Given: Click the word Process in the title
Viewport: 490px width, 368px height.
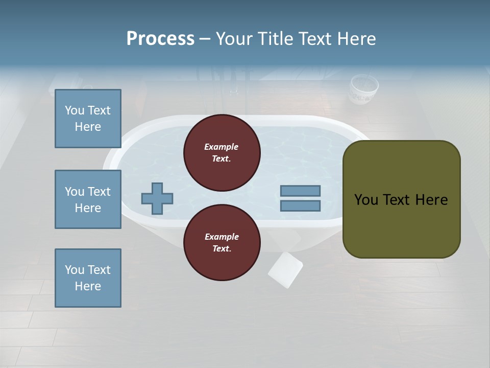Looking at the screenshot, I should click(160, 38).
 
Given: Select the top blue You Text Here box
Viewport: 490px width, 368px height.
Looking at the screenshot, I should click(88, 119).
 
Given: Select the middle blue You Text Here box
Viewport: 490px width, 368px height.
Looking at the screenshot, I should click(88, 199).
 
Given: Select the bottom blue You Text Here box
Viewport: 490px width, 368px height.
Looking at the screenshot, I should click(88, 278).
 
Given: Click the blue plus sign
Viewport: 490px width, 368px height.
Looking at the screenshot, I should click(157, 198).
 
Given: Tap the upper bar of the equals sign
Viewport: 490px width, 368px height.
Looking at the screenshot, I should click(300, 191).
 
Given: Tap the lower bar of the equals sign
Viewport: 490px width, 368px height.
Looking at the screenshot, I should click(300, 205).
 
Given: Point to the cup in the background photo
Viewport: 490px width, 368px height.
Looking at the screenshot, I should click(363, 89).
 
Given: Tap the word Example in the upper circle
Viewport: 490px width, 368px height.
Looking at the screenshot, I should click(222, 147).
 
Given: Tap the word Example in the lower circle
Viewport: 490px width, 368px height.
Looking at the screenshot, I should click(222, 237).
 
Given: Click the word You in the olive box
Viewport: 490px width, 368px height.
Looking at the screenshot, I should click(365, 200).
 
